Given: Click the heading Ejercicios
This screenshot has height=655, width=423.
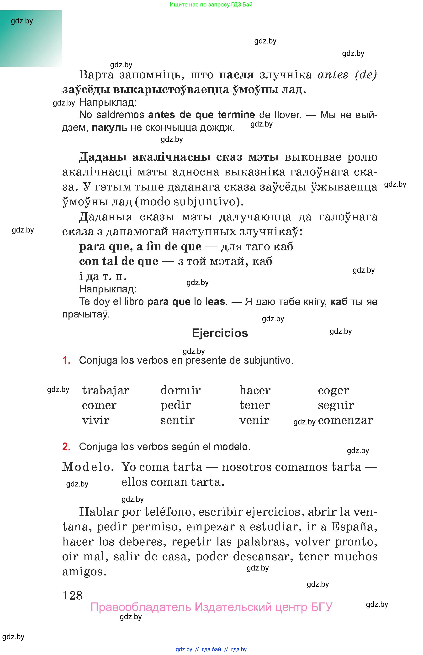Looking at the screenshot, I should coord(220,333).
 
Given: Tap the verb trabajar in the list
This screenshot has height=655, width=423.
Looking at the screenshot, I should coord(106,391).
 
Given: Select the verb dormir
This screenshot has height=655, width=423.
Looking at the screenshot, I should coord(180,390).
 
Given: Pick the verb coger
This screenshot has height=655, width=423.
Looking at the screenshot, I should coord(333,391).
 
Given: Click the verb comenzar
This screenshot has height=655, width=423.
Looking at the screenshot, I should coord(345,420).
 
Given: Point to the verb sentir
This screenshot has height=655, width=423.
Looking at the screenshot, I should coord(177,420).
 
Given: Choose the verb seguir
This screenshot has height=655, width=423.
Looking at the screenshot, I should coord(336,405).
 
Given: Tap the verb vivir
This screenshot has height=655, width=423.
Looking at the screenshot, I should coord(95,420).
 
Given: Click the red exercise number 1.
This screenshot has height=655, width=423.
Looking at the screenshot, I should coord(66,360).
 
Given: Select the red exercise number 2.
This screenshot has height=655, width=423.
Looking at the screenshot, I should coord(66,447).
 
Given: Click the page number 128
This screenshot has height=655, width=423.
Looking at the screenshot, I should coord(73,596).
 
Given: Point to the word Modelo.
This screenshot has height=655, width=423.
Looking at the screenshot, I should coord(88,467).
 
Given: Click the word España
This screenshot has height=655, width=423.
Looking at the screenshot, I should coord(354,527).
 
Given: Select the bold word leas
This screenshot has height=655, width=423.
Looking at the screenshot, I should coord(215,301).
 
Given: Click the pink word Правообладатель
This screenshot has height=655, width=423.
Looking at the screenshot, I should coord(140,607).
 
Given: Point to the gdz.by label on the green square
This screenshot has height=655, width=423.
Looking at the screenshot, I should coord(22,21).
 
